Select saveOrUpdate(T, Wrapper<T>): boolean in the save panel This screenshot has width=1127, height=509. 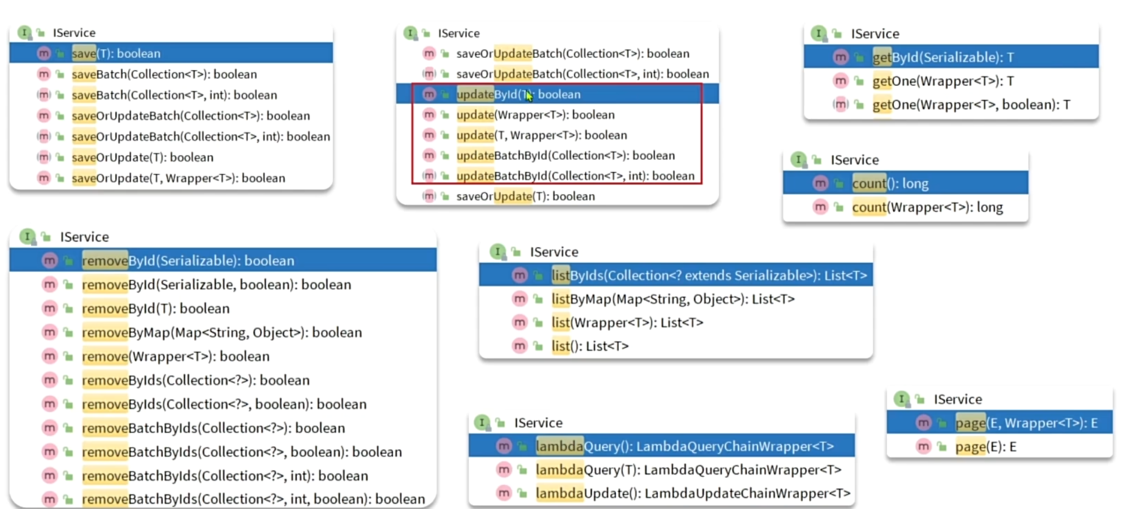[x=178, y=178]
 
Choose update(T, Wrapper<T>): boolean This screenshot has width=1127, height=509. [x=541, y=135]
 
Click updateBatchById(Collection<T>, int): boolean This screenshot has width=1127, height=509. [x=575, y=176]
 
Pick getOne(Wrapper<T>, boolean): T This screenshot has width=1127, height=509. [x=971, y=105]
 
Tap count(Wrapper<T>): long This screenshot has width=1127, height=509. [x=927, y=207]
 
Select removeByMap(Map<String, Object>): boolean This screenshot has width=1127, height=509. [x=221, y=332]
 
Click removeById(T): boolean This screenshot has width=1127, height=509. [x=156, y=309]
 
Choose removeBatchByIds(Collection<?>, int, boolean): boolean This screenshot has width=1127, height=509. [x=253, y=499]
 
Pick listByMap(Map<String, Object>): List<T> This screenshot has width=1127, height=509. [x=672, y=299]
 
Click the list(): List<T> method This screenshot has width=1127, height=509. [x=590, y=346]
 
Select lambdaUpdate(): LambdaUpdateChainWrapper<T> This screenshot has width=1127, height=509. [x=692, y=493]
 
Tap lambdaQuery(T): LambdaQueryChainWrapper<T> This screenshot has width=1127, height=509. [x=688, y=470]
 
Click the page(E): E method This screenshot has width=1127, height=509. [x=985, y=447]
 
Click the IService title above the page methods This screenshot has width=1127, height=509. [x=958, y=399]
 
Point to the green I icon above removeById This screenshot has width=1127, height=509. [x=27, y=236]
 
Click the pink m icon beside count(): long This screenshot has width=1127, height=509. [x=820, y=183]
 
